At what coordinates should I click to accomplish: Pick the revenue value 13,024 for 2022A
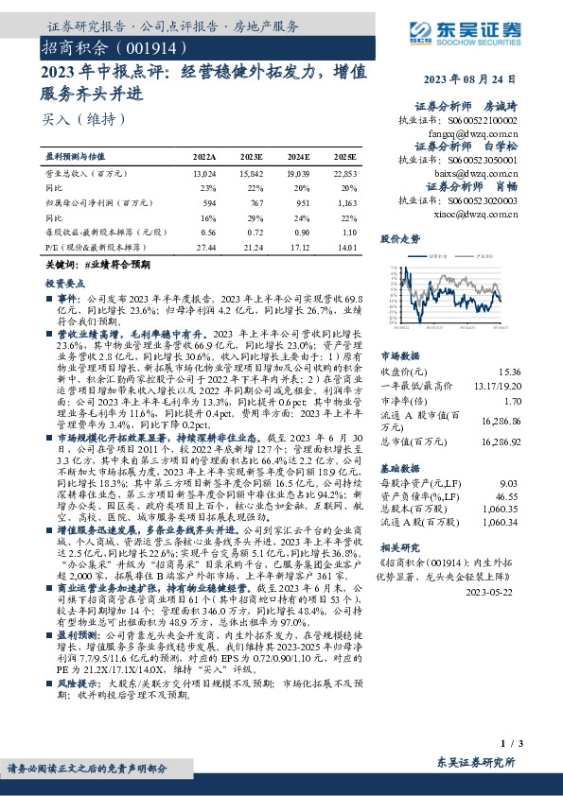point(203,175)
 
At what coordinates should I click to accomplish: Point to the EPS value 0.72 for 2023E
point(255,232)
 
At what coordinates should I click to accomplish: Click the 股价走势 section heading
point(399,239)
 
